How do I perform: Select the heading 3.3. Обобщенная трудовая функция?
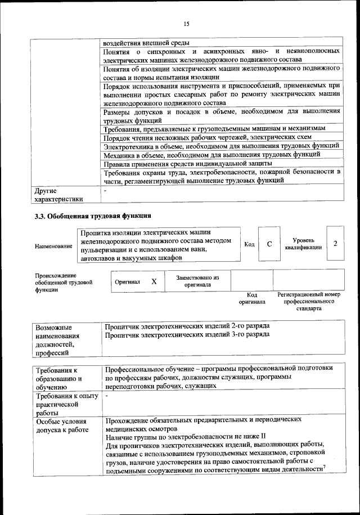[93, 216]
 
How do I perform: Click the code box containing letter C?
[269, 244]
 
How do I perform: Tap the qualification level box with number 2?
[335, 243]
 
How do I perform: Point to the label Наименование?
[53, 247]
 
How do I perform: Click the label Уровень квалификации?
[303, 243]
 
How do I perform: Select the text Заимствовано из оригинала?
[197, 281]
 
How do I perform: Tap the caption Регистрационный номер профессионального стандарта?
[309, 302]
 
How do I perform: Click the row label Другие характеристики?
[58, 194]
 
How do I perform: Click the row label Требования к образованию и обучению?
[58, 378]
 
